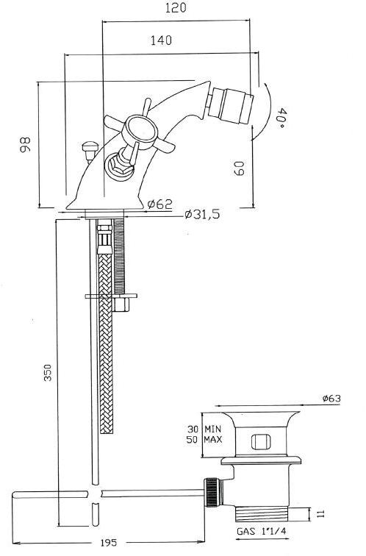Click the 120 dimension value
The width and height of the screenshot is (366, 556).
176,8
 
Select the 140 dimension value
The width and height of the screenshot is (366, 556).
161,40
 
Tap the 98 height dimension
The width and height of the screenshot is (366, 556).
25,144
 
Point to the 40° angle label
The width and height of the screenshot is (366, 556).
281,118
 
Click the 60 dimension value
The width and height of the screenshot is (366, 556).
239,168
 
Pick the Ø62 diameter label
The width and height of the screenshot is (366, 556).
159,204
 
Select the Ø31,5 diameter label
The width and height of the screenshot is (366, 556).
202,214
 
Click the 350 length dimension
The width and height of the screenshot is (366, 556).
48,373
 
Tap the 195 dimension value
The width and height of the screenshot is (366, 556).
109,542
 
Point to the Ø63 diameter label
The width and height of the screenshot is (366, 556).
331,399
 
